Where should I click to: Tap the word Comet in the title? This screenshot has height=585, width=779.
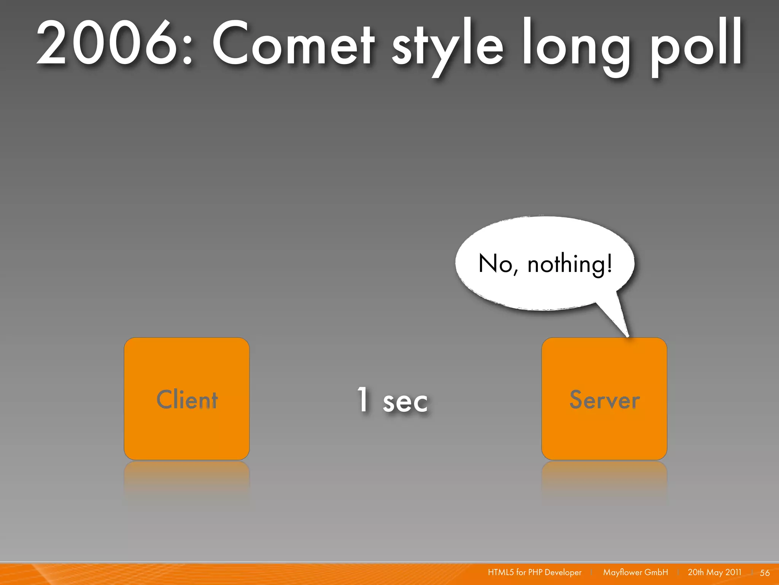(x=293, y=44)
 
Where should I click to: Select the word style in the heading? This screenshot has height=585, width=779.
(x=447, y=46)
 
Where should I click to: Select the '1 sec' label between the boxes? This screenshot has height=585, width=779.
(x=392, y=400)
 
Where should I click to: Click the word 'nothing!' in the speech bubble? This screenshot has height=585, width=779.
(x=569, y=264)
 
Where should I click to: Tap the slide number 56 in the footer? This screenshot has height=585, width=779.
(x=765, y=572)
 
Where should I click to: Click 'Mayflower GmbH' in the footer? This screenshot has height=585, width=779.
(x=635, y=572)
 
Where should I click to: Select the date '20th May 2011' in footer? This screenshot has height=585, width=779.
(x=714, y=572)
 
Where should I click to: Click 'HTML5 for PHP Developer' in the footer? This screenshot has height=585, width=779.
(x=534, y=572)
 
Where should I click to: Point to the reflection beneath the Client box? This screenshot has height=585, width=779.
(x=187, y=480)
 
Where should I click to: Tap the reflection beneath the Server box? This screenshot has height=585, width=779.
(x=604, y=480)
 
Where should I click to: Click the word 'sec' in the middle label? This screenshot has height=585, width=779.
(x=405, y=402)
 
